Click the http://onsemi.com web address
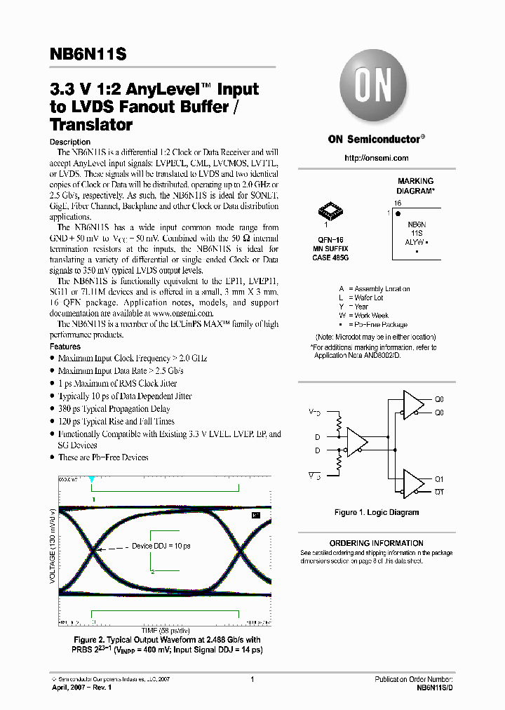[376, 158]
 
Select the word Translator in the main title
[91, 126]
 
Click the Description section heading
[70, 142]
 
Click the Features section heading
[65, 347]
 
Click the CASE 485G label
[330, 257]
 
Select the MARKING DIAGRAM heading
[415, 186]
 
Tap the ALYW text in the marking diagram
[415, 241]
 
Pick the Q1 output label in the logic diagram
[440, 479]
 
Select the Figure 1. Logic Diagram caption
[376, 513]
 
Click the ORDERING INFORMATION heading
[376, 543]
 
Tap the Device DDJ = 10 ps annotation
[161, 545]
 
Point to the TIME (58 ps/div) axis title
[166, 631]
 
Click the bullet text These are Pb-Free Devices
[103, 457]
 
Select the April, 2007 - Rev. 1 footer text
[82, 688]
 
